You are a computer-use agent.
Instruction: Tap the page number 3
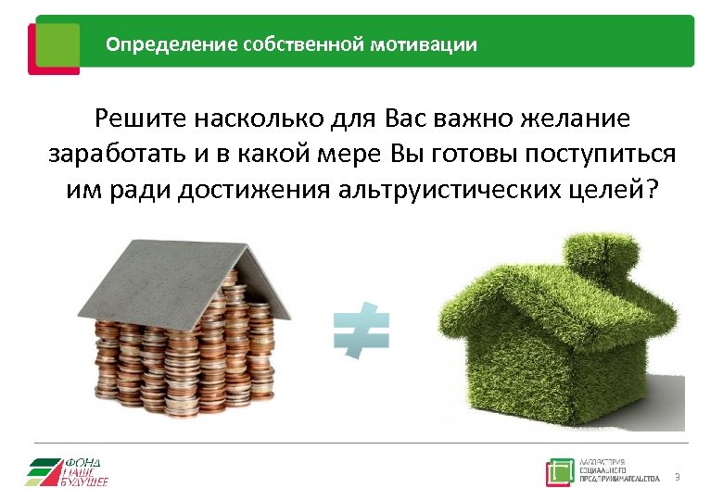click(678, 477)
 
